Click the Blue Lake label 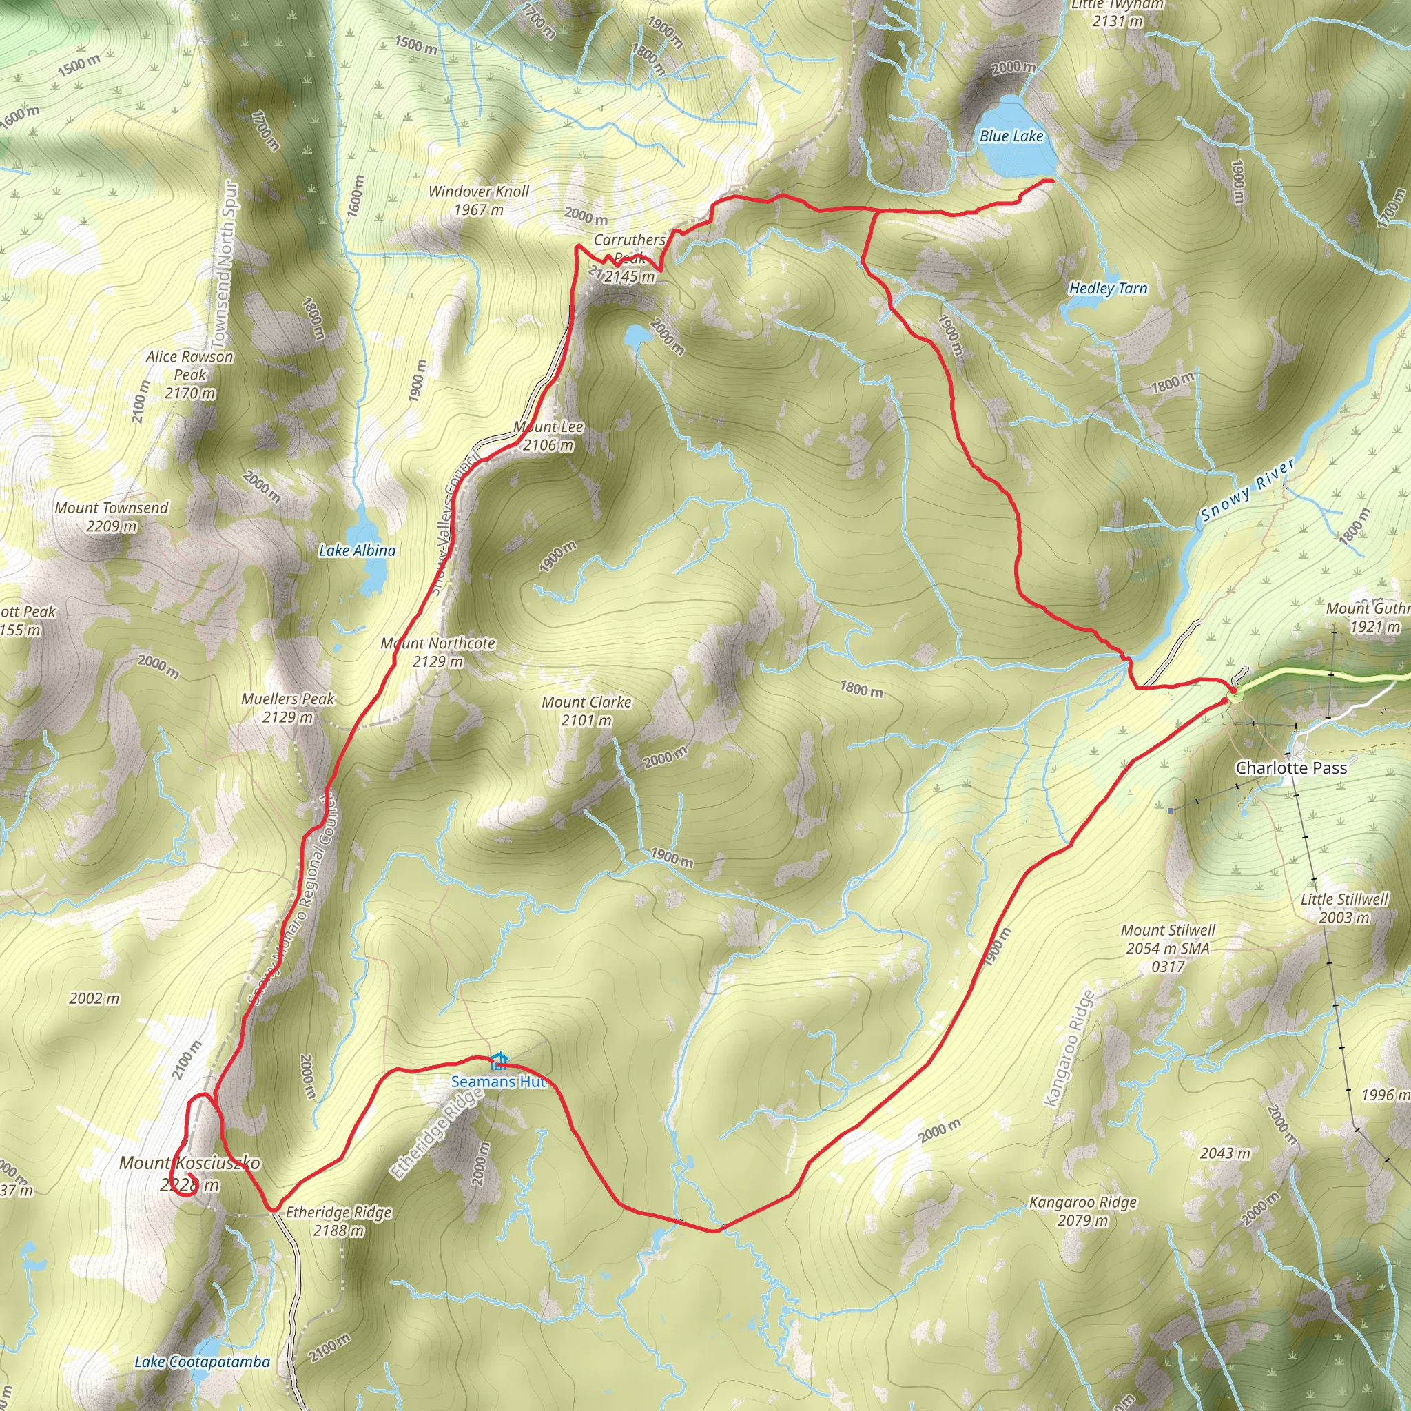coord(1011,136)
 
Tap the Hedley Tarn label coord(1108,289)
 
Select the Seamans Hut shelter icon coord(499,1060)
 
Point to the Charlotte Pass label coord(1290,768)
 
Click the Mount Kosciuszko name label coord(189,1163)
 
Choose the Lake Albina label coord(357,550)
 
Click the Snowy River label coord(1248,490)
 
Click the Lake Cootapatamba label coord(203,1361)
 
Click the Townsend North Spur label coord(224,265)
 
